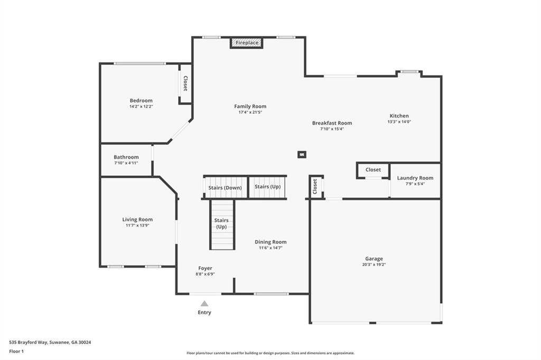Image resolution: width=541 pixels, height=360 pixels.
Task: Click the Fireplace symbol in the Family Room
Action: [x=247, y=43]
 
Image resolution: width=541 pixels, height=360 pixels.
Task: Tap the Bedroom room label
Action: [x=141, y=100]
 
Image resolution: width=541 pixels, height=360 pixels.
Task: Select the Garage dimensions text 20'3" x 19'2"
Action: [x=374, y=264]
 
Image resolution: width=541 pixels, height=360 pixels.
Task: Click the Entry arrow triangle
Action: [x=204, y=304]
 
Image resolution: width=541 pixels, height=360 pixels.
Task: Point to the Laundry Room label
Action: [x=415, y=178]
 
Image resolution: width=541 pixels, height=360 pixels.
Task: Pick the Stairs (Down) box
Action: [x=225, y=187]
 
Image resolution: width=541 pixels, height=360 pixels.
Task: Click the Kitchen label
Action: [x=399, y=116]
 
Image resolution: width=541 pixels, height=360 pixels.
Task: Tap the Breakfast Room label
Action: [x=332, y=123]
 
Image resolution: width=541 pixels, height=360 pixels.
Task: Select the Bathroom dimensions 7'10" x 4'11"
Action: [x=126, y=163]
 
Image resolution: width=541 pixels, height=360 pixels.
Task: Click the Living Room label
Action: [x=137, y=219]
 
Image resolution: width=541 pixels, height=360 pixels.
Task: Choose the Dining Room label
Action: [x=270, y=242]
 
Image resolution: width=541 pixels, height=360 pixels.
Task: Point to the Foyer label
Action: [x=205, y=268]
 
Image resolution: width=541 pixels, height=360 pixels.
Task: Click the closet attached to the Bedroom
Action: [x=185, y=83]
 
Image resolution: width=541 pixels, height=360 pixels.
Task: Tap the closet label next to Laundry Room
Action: [x=373, y=170]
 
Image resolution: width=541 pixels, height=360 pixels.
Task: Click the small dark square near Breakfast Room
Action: [x=302, y=155]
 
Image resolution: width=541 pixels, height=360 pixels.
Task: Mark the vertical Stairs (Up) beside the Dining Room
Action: [x=222, y=224]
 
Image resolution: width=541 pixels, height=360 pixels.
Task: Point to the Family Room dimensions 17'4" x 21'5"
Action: [x=250, y=112]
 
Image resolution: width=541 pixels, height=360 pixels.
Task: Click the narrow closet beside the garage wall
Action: [x=315, y=186]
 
